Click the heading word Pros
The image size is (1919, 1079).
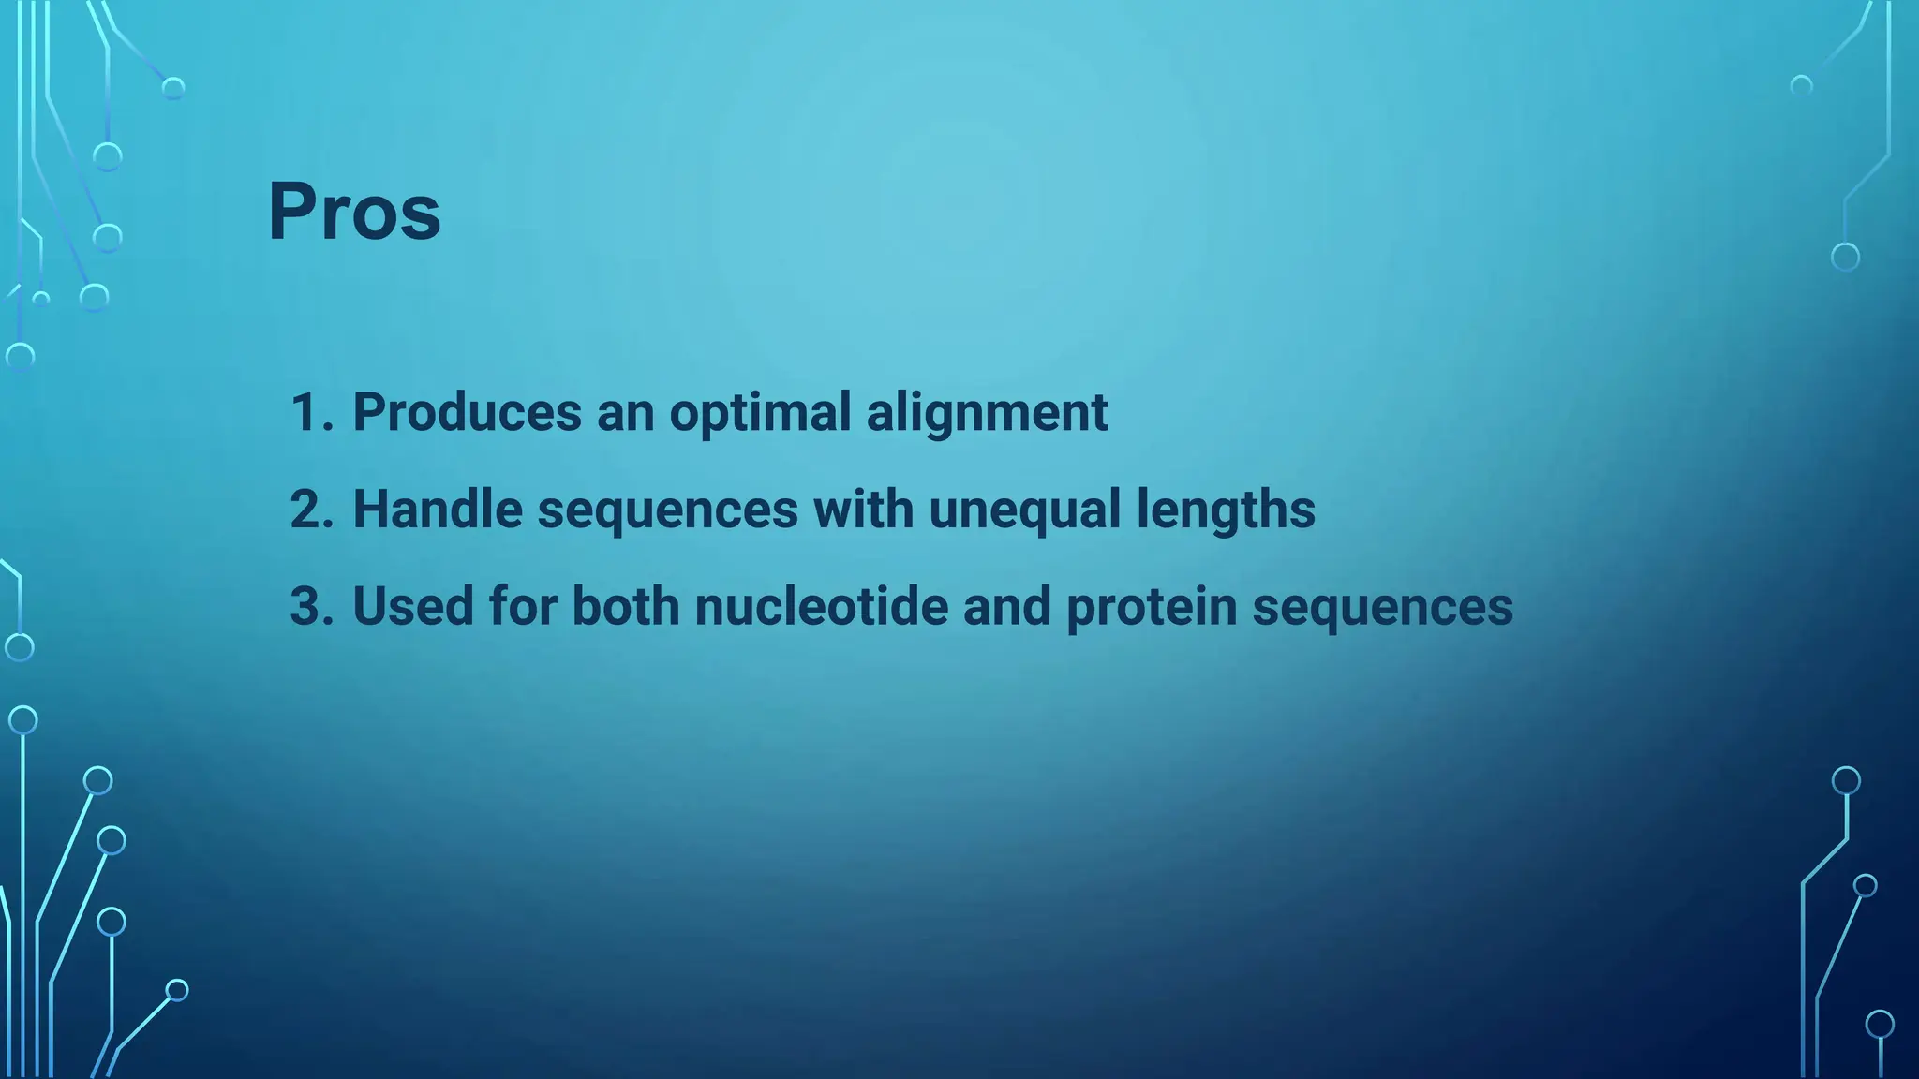coord(354,212)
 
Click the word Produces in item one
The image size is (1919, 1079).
coord(467,412)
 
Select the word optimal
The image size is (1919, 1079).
coord(760,412)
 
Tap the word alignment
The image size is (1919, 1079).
coord(987,412)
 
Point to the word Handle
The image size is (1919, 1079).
coord(437,510)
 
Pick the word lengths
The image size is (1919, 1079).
coord(1226,510)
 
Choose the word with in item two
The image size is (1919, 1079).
coord(863,510)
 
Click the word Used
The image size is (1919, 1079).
coord(413,606)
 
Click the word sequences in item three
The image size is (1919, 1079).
coord(1382,606)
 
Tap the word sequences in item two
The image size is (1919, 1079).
coord(667,510)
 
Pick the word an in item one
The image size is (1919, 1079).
coord(625,412)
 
